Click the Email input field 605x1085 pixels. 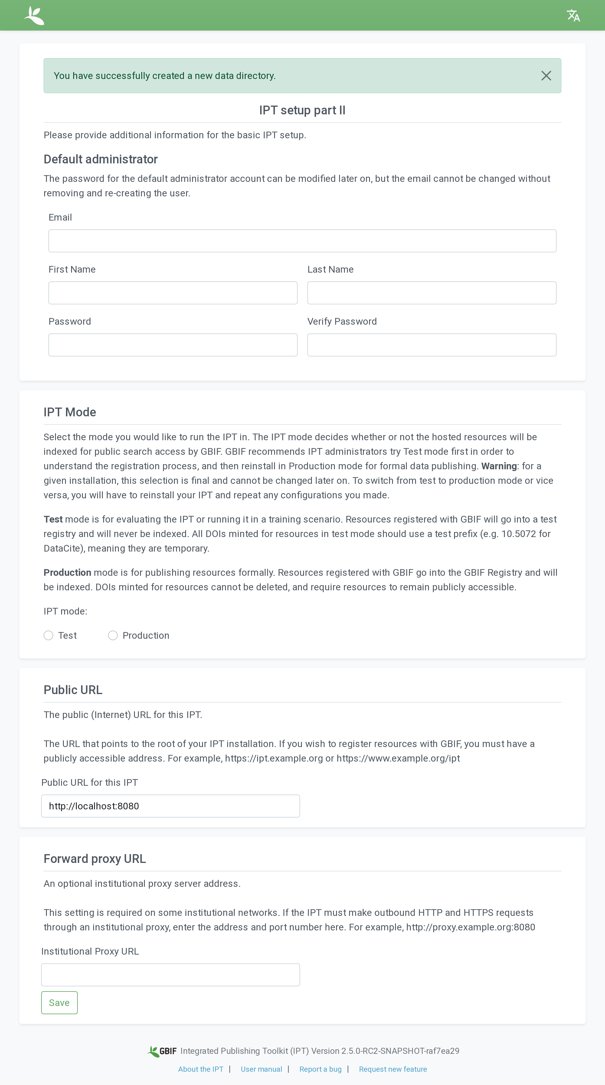(x=302, y=241)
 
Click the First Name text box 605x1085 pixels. (x=173, y=293)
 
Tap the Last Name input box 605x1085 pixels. (x=432, y=293)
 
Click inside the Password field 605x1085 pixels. (x=173, y=345)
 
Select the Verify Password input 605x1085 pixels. (x=432, y=345)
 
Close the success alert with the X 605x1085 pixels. (x=546, y=76)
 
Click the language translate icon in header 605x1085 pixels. (x=573, y=16)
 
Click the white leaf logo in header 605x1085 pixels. (x=34, y=16)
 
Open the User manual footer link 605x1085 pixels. (x=261, y=1069)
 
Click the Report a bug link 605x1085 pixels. (x=320, y=1069)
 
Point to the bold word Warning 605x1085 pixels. (x=499, y=466)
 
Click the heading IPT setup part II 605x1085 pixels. (x=302, y=110)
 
